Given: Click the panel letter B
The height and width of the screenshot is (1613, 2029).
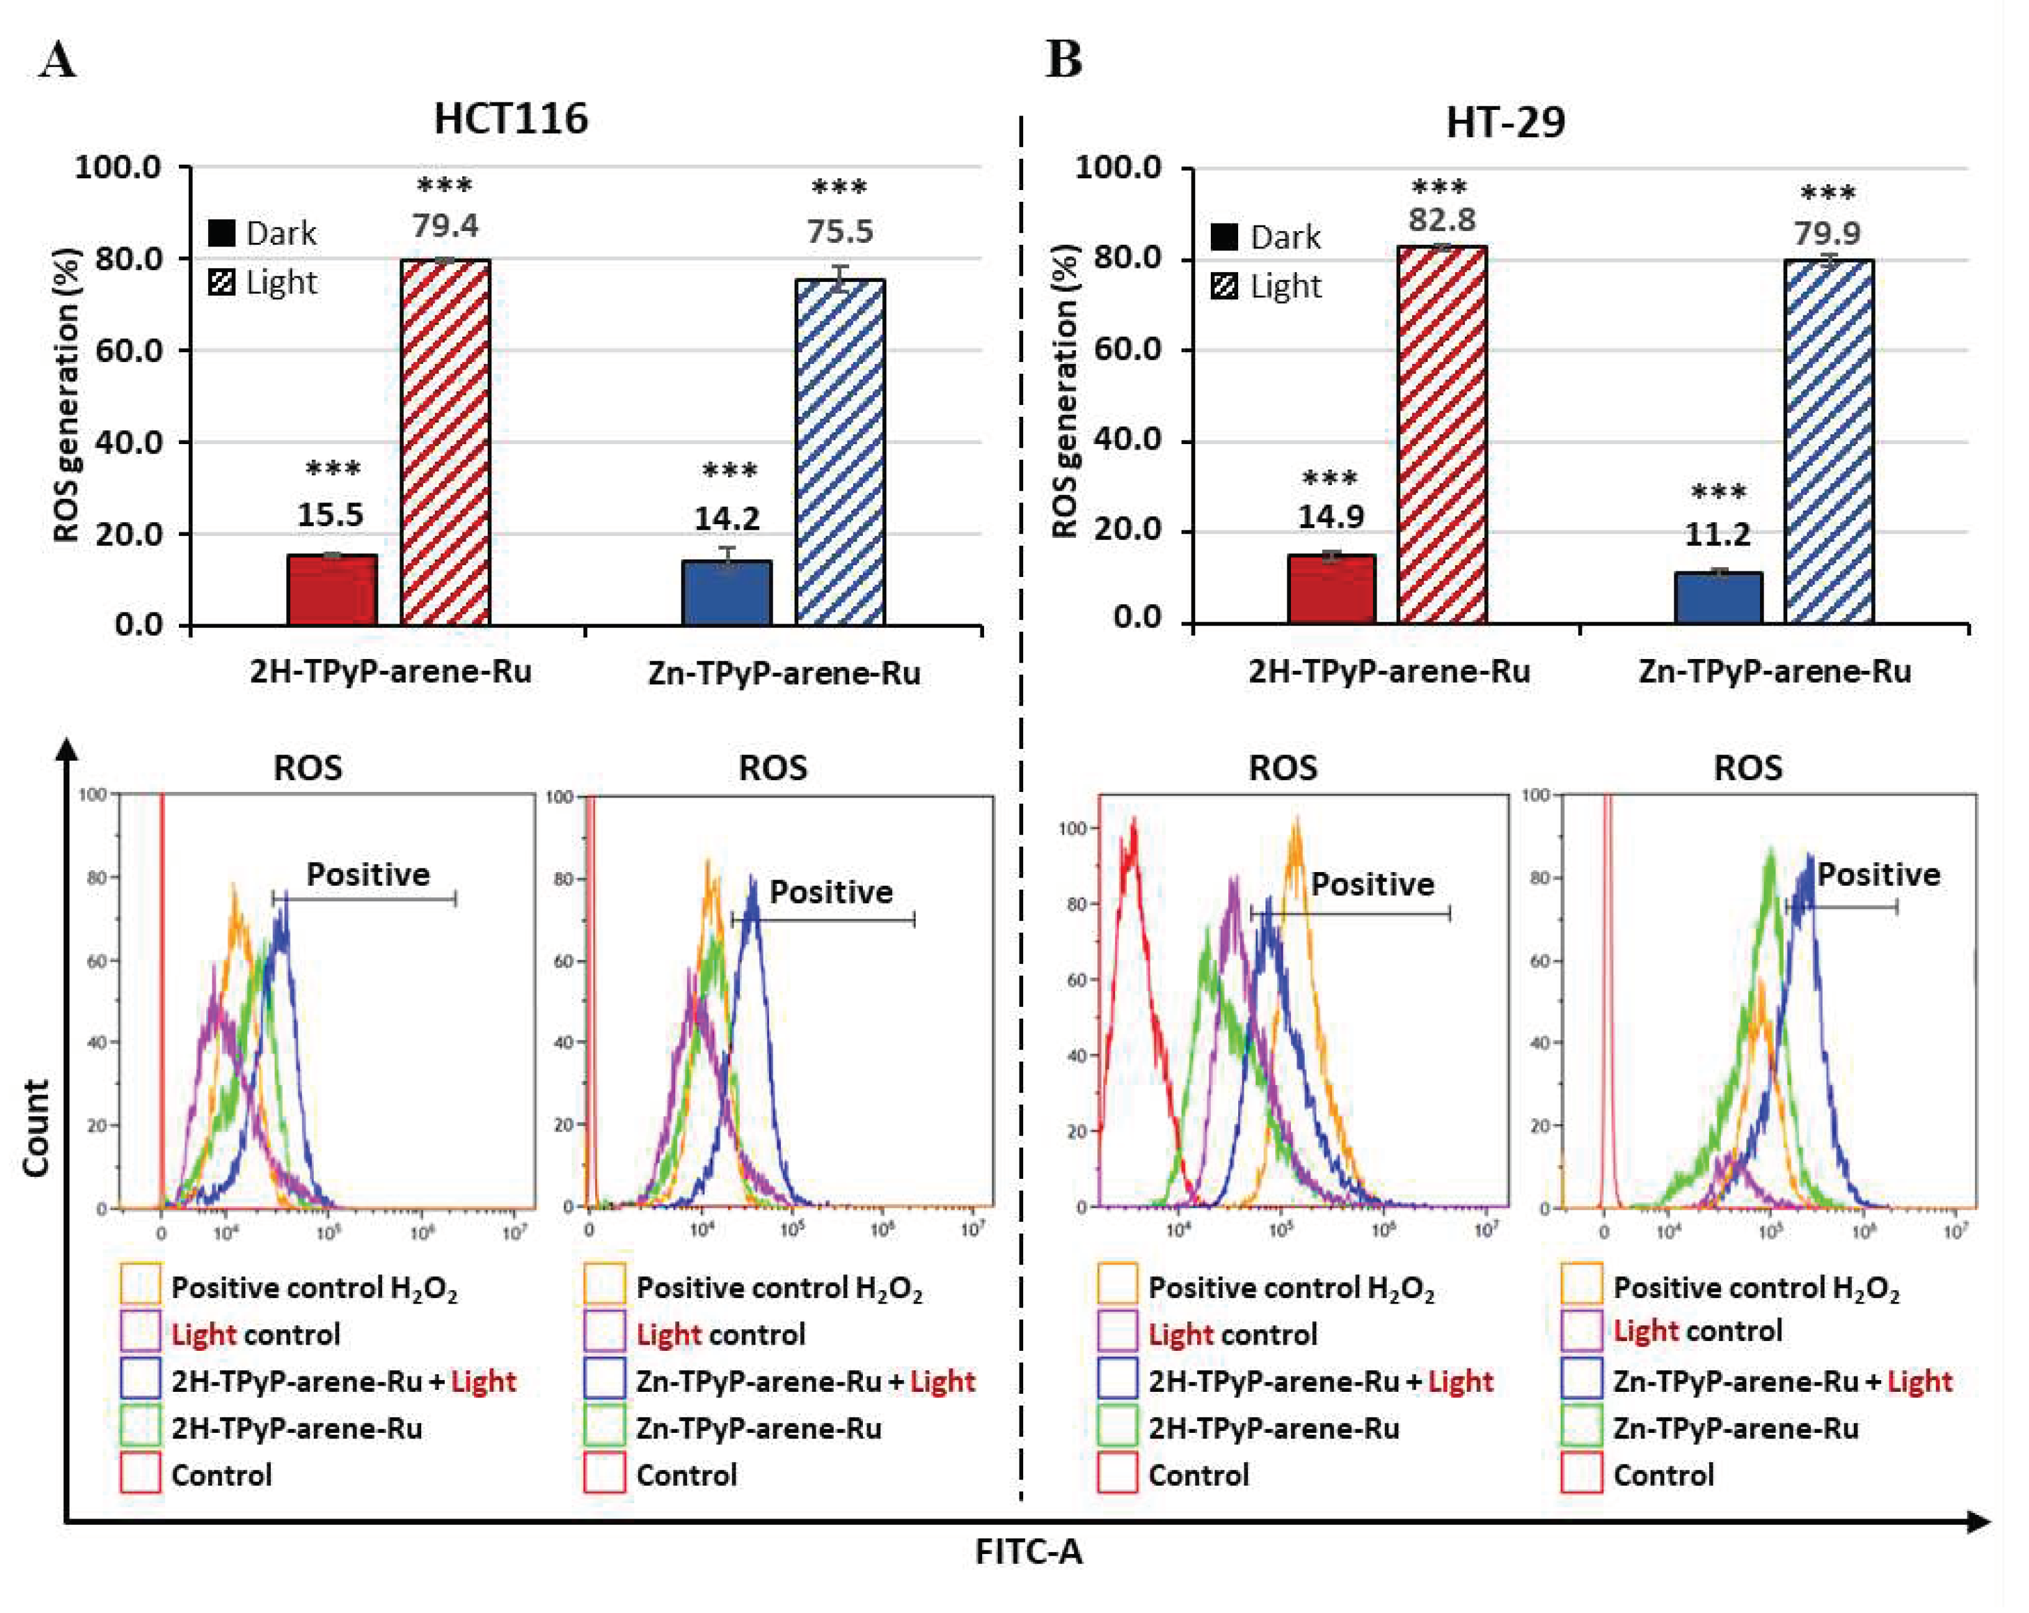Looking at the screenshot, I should pos(1064,61).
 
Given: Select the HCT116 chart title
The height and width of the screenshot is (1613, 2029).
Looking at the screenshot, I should pos(511,119).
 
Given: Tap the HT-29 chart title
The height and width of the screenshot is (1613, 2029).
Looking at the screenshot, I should pos(1506,122).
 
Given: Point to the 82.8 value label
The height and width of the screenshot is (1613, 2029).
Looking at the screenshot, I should pos(1442,220).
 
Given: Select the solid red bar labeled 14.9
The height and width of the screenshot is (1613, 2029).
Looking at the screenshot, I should pos(1331,589).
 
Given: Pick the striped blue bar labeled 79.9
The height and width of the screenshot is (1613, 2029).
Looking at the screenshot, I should pos(1828,442).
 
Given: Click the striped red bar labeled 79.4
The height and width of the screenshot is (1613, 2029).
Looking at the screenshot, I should pos(445,442).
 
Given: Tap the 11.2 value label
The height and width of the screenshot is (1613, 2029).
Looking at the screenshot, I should pos(1718,535).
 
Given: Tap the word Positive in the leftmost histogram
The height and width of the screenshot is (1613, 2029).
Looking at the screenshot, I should pos(368,875).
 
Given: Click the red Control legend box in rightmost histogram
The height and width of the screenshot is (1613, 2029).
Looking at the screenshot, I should pos(1581,1474).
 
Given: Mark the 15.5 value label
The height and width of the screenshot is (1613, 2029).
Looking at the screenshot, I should pos(331,515).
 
